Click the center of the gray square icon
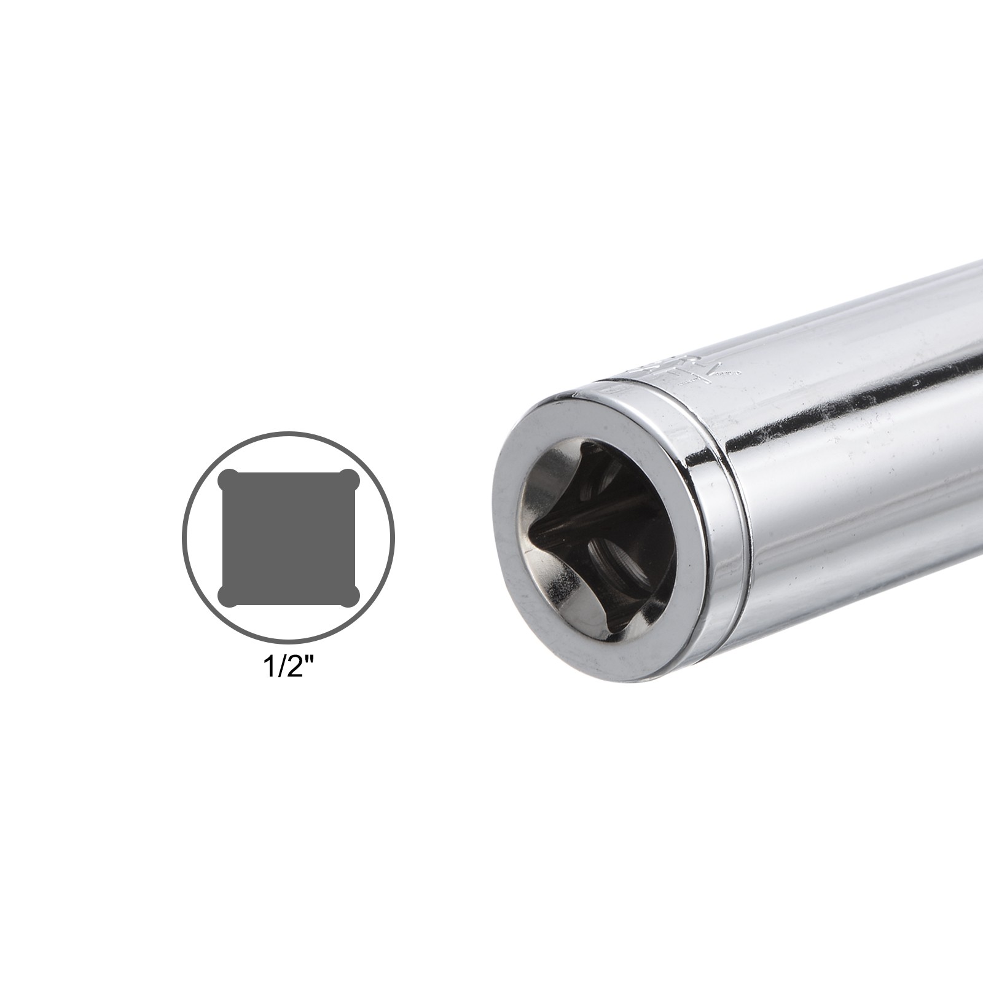tap(289, 538)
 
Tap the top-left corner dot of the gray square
tap(228, 478)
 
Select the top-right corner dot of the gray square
tap(350, 478)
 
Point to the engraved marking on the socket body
tap(694, 369)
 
